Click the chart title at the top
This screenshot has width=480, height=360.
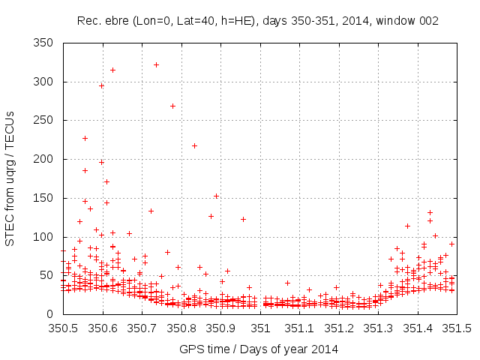[x=258, y=21]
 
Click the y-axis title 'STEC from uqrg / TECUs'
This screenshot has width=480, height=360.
[x=10, y=178]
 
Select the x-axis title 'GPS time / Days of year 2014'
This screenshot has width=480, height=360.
[x=258, y=349]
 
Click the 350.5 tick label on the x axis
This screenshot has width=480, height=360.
[x=63, y=328]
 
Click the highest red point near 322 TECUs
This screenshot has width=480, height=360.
[x=156, y=64]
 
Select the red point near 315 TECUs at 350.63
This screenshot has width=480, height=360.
[x=112, y=70]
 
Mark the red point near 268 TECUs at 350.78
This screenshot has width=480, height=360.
[x=172, y=106]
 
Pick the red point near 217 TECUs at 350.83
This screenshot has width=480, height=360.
[x=194, y=145]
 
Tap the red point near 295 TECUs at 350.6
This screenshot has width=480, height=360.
[x=101, y=85]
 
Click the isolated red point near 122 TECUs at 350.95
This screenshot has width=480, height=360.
[x=243, y=219]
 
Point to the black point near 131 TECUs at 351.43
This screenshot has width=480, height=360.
[x=430, y=212]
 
